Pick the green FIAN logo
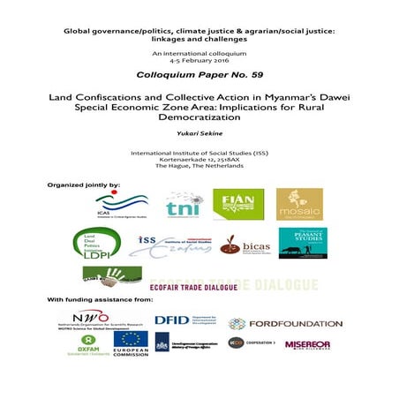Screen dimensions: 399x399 [238, 204]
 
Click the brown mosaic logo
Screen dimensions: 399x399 [299, 204]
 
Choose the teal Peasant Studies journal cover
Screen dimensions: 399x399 [303, 243]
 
